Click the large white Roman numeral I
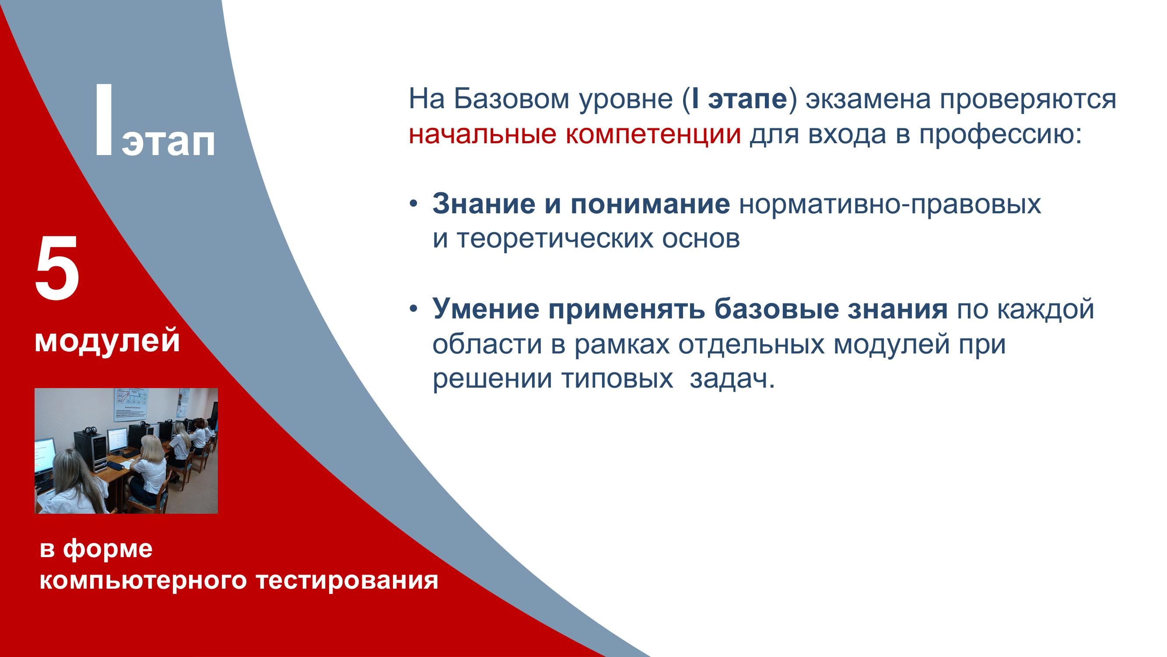(104, 120)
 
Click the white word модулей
(107, 341)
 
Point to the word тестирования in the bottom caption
(347, 580)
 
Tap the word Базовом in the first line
(511, 99)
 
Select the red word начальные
(482, 134)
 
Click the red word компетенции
(653, 134)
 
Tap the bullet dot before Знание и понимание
(413, 204)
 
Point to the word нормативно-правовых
(890, 205)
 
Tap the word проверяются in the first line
(1027, 100)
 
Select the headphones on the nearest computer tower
(91, 430)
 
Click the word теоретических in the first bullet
(555, 239)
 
